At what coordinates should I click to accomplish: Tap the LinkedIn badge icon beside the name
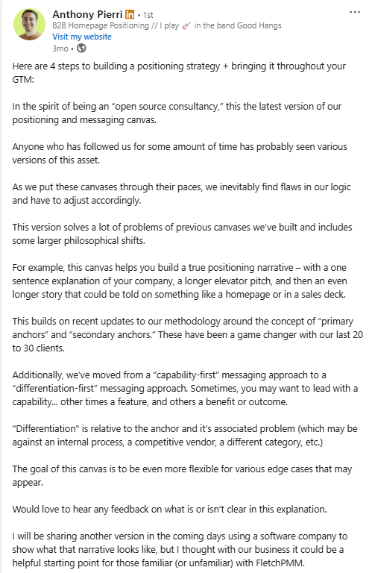(131, 14)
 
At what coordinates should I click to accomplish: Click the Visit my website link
(82, 37)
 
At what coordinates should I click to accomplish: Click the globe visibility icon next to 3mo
(82, 48)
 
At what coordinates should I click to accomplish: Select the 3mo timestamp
(61, 48)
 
